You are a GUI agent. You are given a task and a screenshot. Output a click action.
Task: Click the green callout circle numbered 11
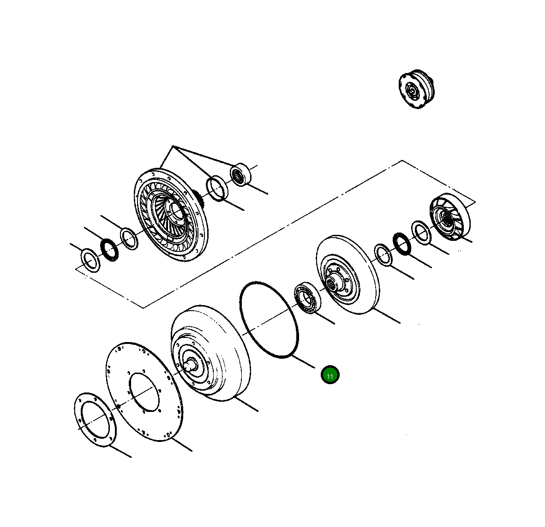(330, 375)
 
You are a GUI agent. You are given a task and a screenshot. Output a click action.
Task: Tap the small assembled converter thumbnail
(417, 89)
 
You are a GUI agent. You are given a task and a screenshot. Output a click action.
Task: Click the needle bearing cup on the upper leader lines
(240, 175)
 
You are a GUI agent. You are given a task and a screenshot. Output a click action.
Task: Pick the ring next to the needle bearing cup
(216, 188)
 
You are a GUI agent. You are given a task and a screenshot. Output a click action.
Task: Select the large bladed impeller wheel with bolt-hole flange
(172, 214)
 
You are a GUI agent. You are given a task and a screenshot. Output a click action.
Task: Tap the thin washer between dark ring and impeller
(129, 239)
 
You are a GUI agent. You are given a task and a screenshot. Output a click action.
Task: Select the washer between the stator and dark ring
(421, 233)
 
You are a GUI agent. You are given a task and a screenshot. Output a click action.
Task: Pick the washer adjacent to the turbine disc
(383, 254)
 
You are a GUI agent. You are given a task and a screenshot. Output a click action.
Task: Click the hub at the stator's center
(446, 217)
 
